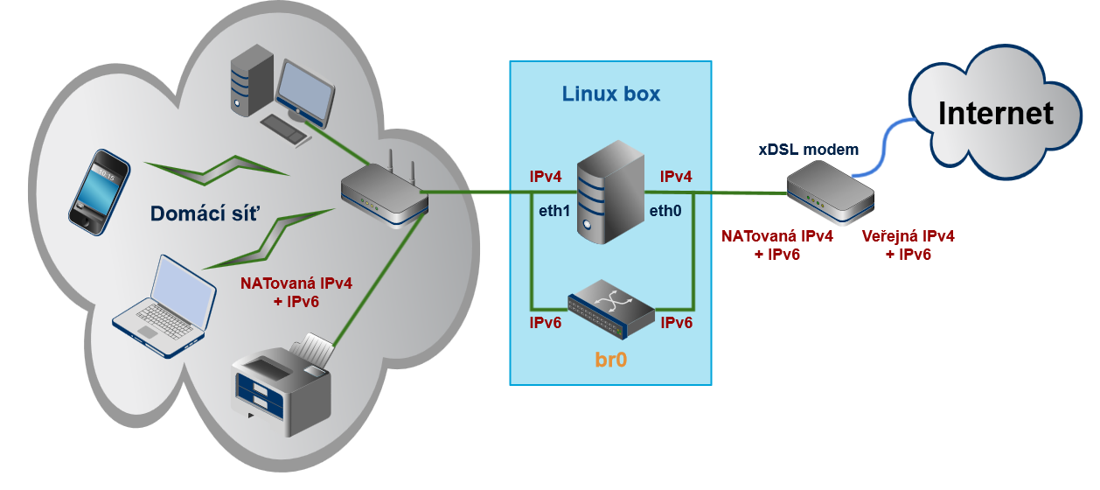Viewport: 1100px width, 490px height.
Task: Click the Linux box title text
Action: click(611, 94)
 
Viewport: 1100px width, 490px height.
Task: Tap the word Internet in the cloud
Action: click(995, 114)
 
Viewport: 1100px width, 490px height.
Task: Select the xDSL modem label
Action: click(808, 150)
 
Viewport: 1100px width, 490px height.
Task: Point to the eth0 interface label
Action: click(665, 210)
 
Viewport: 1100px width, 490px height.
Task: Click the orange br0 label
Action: click(611, 359)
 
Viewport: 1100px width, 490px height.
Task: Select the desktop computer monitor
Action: click(305, 91)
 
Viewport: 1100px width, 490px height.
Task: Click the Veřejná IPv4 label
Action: click(908, 236)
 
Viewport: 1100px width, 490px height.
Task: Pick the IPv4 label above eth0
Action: click(676, 177)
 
